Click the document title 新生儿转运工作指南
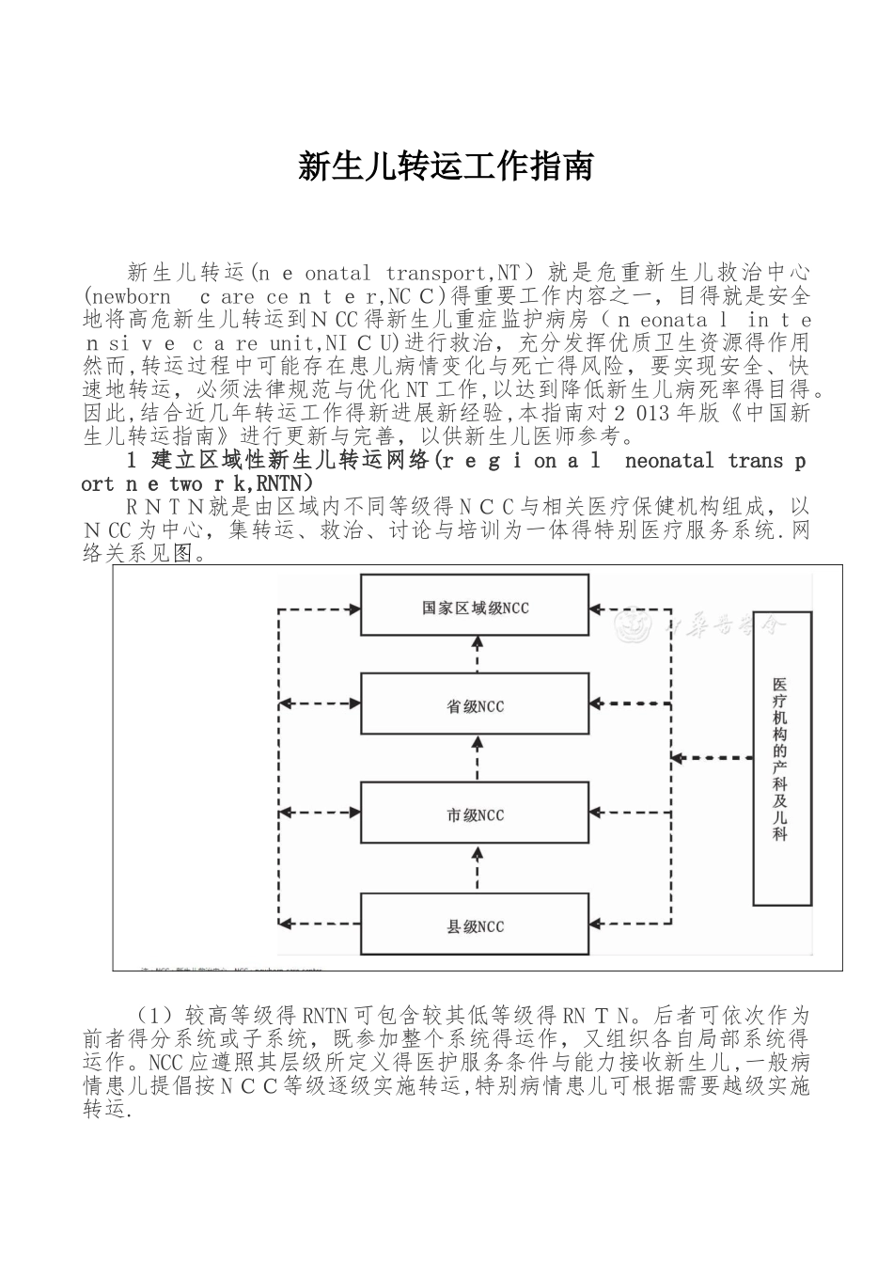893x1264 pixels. pos(446,166)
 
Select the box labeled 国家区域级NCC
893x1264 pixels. pos(475,608)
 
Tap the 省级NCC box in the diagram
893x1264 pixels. pos(475,706)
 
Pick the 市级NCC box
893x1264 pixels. pos(475,814)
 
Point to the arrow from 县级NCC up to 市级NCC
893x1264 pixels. pos(477,871)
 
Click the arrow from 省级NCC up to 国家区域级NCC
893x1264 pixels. pos(477,656)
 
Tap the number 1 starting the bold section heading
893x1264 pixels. pos(133,461)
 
